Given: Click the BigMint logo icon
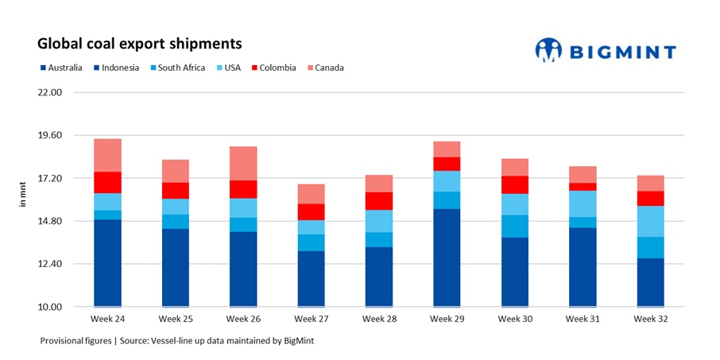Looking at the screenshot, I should [x=548, y=50].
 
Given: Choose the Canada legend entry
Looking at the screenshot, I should [x=328, y=68].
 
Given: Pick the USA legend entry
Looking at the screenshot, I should [x=231, y=68].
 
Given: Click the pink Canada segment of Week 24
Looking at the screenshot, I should [x=107, y=155].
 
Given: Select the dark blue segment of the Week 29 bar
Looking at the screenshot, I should [x=447, y=257].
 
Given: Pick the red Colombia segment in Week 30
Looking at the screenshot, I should [x=514, y=184].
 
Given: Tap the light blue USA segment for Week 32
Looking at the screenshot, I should [x=650, y=221].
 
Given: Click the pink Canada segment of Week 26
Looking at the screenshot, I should [x=243, y=163].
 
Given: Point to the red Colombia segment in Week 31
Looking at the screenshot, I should [x=583, y=187].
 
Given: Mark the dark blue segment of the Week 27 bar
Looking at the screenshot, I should [x=311, y=278].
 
